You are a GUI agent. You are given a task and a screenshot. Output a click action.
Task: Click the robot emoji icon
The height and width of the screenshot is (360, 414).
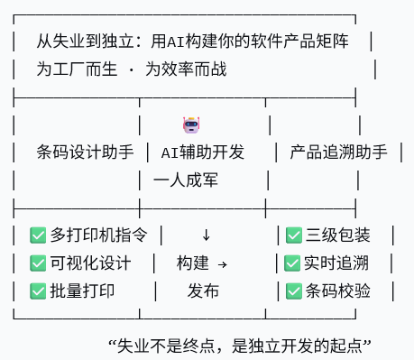190,125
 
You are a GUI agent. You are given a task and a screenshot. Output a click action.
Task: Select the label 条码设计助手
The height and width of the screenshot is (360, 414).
86,152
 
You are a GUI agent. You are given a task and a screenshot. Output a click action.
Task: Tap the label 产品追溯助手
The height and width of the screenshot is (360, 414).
339,152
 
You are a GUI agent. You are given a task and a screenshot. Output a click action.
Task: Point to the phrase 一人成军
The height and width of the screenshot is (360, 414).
187,180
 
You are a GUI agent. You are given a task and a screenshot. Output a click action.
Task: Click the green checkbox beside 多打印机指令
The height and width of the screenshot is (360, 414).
38,235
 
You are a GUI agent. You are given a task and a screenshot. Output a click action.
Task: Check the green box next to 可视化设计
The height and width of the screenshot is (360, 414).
38,263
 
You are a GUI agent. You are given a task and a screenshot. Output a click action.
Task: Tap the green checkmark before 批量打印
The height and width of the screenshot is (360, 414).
38,291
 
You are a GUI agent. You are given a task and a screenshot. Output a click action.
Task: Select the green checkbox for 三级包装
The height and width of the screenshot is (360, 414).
294,235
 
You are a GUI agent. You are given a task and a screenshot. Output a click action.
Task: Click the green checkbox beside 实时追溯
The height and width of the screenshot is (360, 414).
292,263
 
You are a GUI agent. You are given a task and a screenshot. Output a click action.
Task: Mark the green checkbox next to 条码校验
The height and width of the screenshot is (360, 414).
294,291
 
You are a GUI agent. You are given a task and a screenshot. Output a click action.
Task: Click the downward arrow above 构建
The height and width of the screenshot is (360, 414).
206,235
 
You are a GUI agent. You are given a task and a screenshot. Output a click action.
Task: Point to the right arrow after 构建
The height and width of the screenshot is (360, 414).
223,264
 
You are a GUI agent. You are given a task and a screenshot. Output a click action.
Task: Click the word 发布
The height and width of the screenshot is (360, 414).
203,291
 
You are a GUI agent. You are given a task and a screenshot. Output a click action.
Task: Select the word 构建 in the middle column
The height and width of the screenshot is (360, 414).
192,263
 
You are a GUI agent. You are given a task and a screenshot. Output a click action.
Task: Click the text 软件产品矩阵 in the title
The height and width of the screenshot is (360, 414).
302,42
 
